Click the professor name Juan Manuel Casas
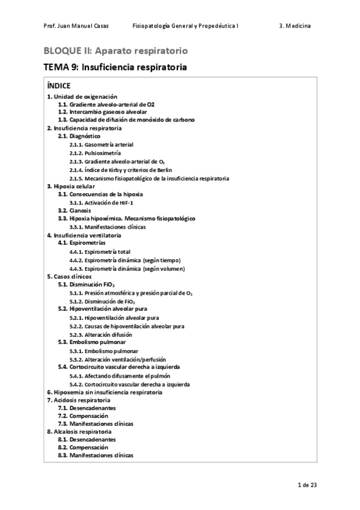tap(73, 26)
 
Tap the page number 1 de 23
tap(307, 485)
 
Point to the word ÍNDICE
tap(58, 85)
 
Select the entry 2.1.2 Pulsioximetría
tap(96, 153)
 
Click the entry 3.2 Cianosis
tap(75, 211)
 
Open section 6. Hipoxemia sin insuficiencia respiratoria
tap(104, 392)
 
